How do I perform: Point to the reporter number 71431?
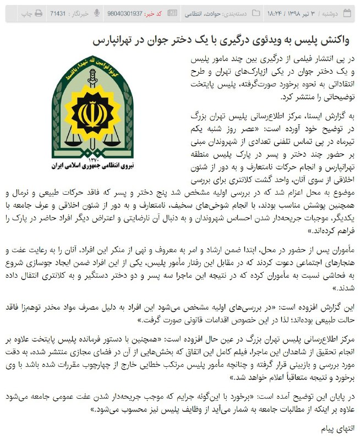[58, 12]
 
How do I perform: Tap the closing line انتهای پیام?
[337, 427]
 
